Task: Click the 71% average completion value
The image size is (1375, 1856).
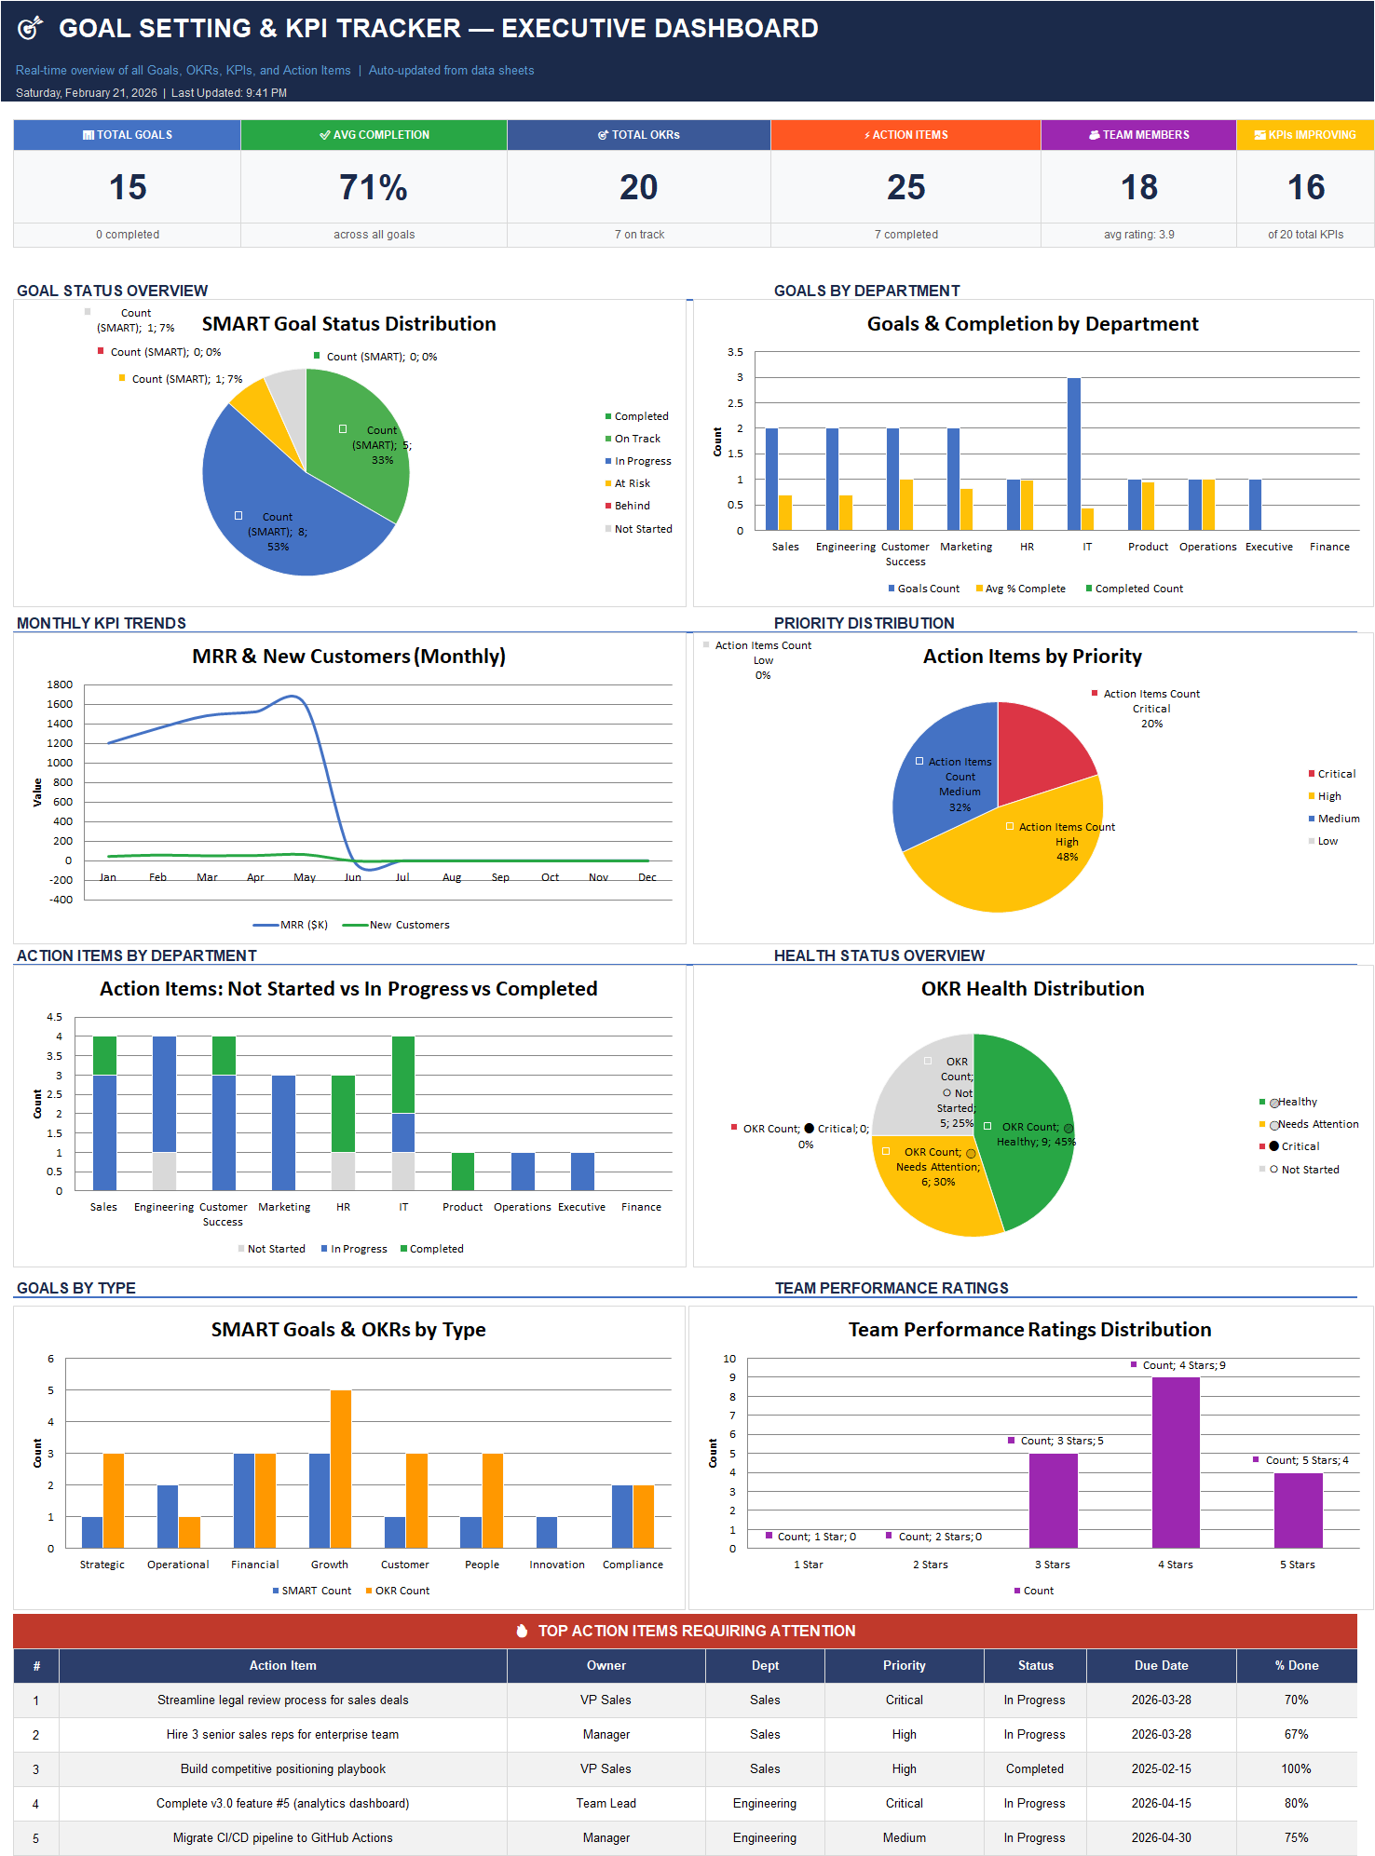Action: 374,187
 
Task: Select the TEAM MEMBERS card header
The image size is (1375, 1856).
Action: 1138,135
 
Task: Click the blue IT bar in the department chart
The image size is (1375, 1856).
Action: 1073,454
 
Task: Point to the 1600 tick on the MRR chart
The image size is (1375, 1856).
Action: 60,704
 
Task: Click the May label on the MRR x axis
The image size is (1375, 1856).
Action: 305,877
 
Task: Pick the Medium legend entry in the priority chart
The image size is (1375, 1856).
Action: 1338,819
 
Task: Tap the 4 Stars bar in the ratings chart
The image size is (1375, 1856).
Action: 1176,1462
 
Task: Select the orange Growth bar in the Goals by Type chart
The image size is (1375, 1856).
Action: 341,1469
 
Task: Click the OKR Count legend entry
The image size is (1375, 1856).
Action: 402,1591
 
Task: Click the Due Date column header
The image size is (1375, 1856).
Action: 1161,1665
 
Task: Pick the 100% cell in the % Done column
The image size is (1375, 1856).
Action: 1296,1768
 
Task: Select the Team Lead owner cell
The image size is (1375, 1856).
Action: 606,1803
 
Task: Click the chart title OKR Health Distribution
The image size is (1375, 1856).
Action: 1032,989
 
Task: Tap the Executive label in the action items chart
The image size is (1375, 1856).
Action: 581,1207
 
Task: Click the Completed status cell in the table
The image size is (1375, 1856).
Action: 1034,1768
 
